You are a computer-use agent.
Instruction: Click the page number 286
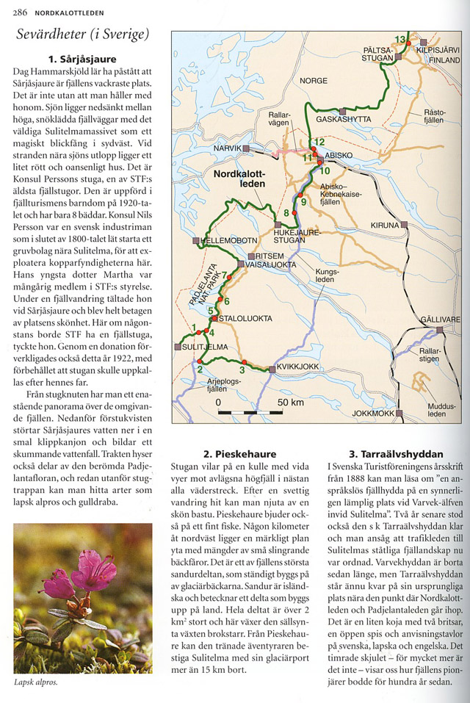[x=20, y=12]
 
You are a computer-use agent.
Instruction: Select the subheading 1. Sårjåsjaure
[x=82, y=59]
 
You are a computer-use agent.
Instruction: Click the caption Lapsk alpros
[x=36, y=682]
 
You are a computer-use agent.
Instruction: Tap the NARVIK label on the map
[x=227, y=148]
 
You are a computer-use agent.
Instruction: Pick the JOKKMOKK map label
[x=374, y=413]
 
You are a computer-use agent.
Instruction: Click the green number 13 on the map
[x=400, y=39]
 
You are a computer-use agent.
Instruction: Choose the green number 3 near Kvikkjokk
[x=242, y=370]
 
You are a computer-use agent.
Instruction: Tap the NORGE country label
[x=314, y=81]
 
